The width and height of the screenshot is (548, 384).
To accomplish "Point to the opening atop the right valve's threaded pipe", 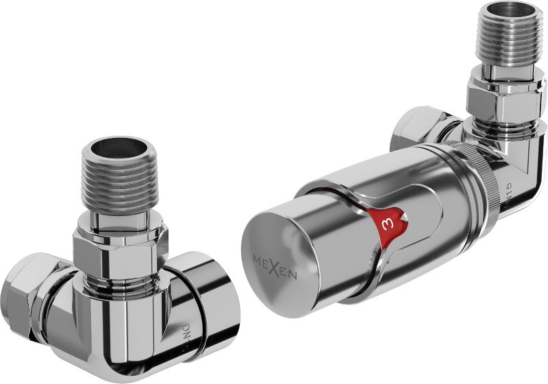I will tap(509, 16).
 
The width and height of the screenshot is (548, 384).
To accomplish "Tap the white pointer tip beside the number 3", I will tap(406, 218).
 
